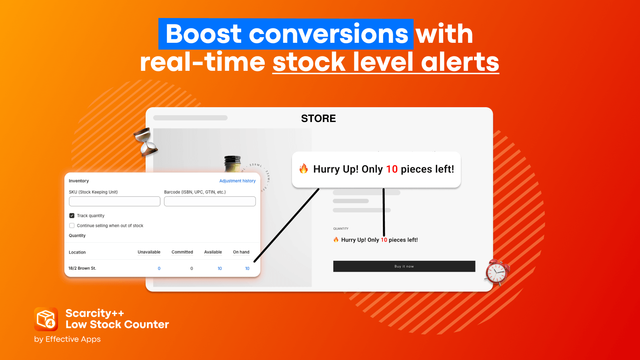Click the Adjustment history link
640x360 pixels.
pos(238,181)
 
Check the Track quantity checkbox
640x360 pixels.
pos(72,216)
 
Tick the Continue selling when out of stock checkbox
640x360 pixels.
pos(72,226)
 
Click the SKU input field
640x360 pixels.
pos(114,201)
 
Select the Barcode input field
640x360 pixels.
pos(210,201)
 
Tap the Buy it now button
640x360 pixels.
pos(404,266)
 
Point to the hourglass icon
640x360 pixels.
pos(146,142)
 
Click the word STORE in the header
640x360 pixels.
pos(318,118)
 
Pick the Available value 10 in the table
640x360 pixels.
pos(220,268)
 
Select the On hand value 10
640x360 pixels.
pos(247,268)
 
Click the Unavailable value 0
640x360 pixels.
pos(159,268)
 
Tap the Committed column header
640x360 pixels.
pos(182,252)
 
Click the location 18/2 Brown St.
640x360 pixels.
pos(82,268)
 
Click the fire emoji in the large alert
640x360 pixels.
pos(304,168)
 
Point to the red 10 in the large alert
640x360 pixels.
pos(392,169)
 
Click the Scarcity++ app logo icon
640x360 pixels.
pos(46,319)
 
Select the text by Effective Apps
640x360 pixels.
pos(68,339)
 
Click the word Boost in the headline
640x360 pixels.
pos(204,34)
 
